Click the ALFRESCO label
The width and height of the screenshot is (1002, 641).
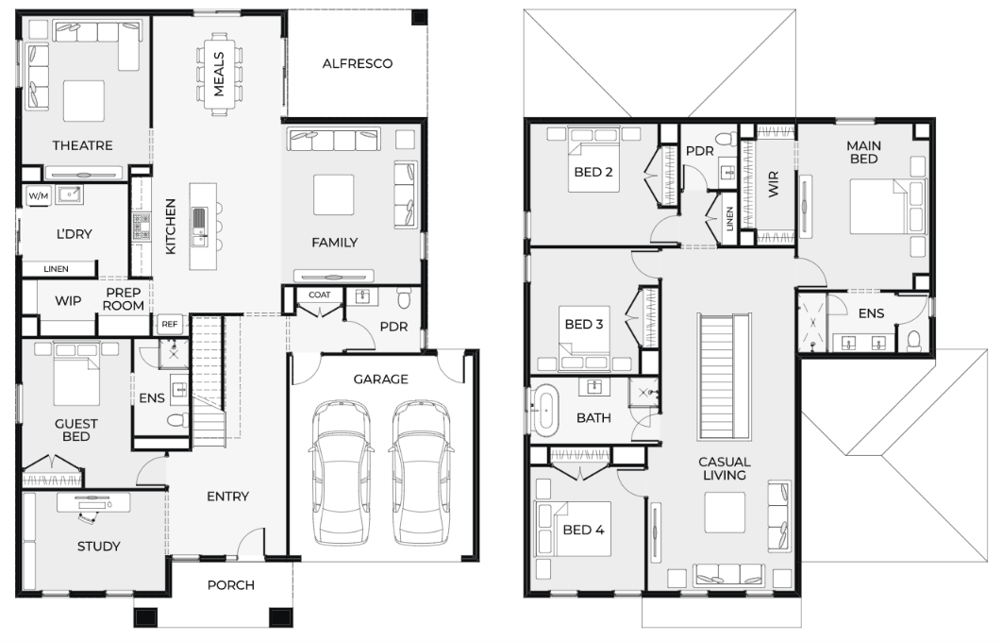coord(358,63)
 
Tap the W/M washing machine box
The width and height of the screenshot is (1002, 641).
coord(39,196)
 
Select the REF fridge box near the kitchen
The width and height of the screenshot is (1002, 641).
coord(169,324)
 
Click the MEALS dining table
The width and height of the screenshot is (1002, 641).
coord(219,75)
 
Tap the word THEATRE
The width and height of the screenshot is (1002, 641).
coord(82,145)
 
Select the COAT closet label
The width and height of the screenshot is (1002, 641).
coord(320,295)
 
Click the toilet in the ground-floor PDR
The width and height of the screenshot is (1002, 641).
coord(405,297)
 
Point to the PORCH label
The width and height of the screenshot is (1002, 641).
coord(231,584)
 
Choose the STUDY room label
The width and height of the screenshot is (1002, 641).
coord(98,547)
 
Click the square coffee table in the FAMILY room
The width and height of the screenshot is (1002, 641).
coord(334,194)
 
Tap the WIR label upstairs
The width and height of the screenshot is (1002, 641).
coord(774,184)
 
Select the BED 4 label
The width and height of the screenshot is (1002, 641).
coord(583,530)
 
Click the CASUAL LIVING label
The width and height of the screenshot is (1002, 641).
coord(724,468)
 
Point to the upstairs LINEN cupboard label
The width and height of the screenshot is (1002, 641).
coord(729,219)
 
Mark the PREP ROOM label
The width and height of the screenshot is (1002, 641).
coord(124,299)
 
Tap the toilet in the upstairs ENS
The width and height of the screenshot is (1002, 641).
coord(914,340)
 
